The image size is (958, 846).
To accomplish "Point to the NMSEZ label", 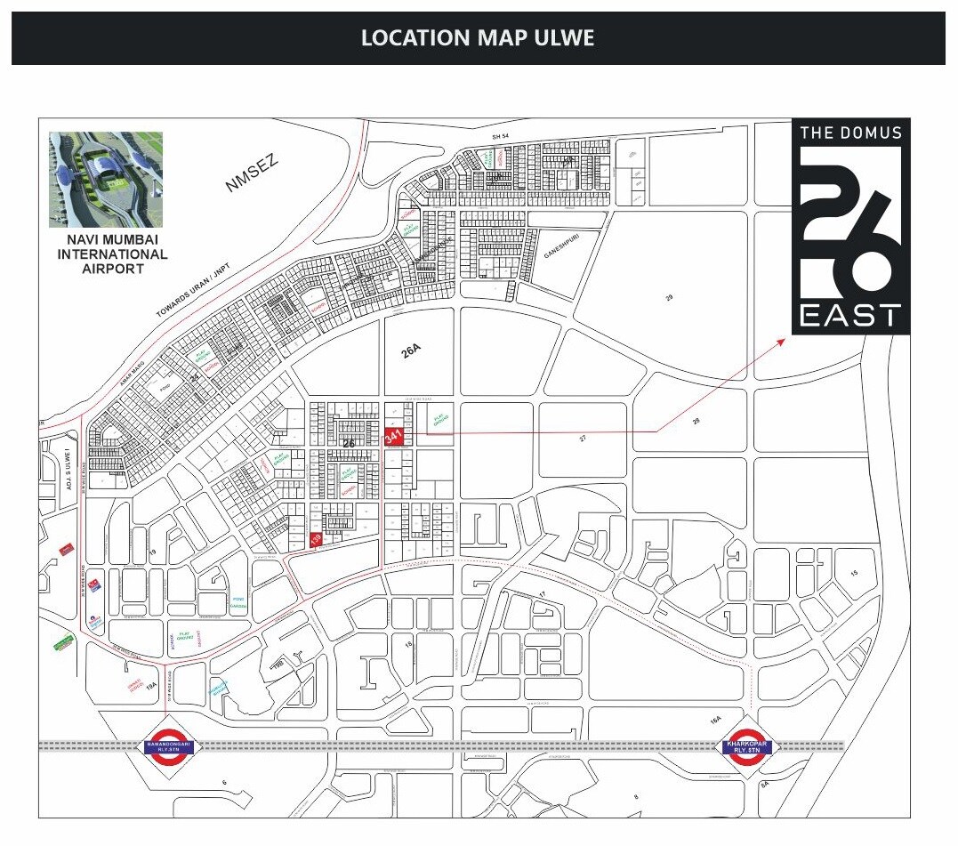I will pyautogui.click(x=252, y=173).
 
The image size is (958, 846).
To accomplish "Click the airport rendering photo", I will pyautogui.click(x=106, y=179).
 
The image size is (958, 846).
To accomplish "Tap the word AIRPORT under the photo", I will pyautogui.click(x=106, y=269).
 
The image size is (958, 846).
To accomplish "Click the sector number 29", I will pyautogui.click(x=669, y=297).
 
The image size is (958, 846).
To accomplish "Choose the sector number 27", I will pyautogui.click(x=583, y=439).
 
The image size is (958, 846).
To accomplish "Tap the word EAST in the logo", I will pyautogui.click(x=850, y=316).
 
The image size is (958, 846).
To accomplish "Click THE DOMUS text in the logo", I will pyautogui.click(x=850, y=133).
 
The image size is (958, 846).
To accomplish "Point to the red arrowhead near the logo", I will pyautogui.click(x=781, y=341).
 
